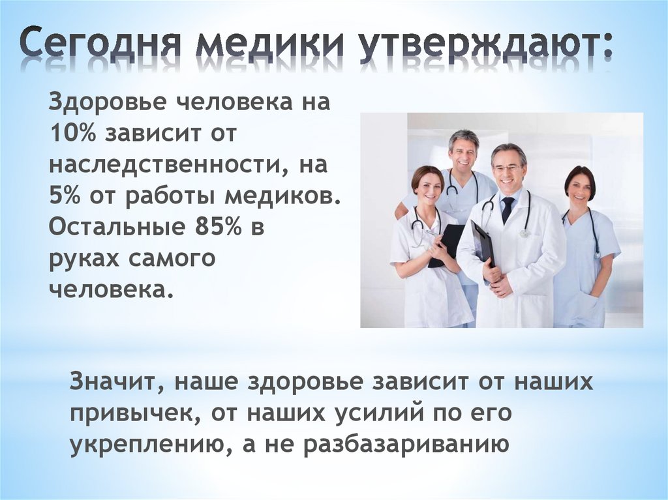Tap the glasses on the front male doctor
508,168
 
